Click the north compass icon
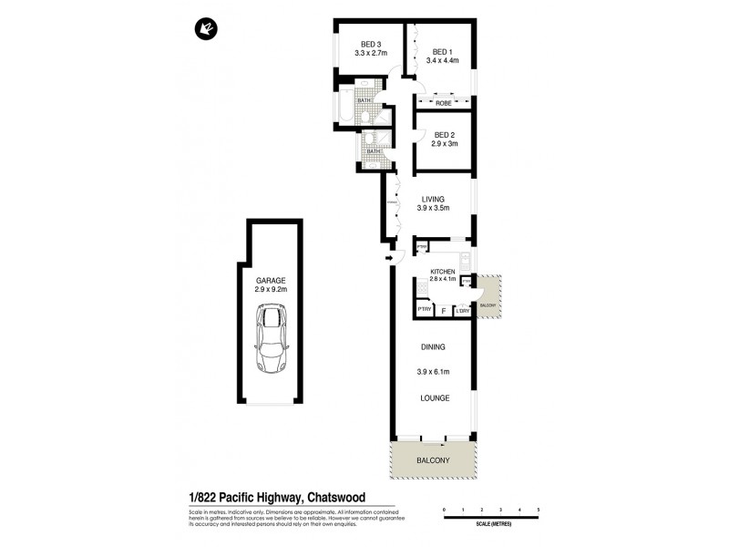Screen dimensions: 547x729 point(203,30)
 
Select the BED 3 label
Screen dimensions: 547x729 point(370,44)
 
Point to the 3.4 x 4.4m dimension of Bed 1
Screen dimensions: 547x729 point(442,61)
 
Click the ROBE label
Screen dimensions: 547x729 point(443,103)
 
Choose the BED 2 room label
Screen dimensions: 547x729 point(445,135)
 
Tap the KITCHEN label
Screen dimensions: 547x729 point(443,272)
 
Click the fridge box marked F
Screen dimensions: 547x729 point(444,311)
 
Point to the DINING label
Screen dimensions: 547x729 point(433,347)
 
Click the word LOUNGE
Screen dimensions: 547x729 point(434,398)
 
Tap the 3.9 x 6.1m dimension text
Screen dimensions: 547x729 point(434,372)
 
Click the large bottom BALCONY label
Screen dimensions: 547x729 point(434,461)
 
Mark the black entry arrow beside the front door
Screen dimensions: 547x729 point(390,259)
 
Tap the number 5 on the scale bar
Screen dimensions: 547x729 point(539,508)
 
